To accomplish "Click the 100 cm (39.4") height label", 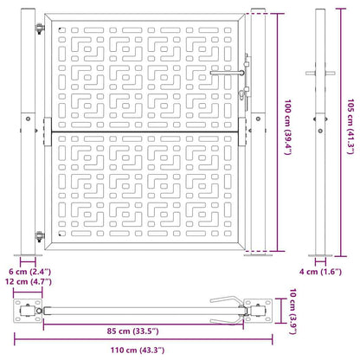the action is coord(288,127).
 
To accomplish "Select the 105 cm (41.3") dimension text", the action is coord(350,126).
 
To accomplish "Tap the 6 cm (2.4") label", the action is coord(29,272).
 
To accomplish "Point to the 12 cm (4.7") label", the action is coord(29,281).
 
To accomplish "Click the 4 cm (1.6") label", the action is coord(320,272).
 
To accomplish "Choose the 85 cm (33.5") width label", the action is coord(133,331).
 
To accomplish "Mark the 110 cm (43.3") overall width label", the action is coord(138,350).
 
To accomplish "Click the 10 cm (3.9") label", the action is coord(292,311).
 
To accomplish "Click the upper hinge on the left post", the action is coord(40,29).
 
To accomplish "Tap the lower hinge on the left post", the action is coord(40,236).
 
